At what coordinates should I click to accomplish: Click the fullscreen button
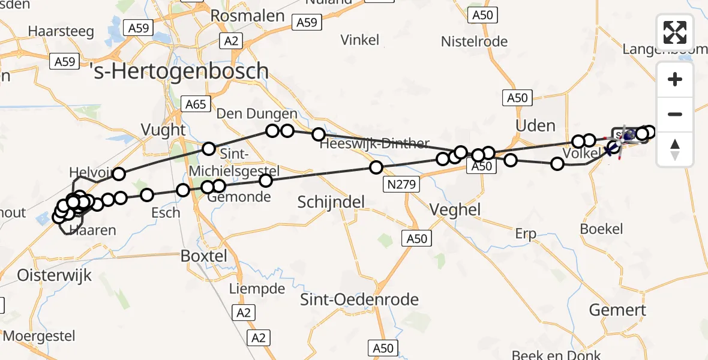pos(675,32)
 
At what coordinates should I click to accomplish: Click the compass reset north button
pos(675,149)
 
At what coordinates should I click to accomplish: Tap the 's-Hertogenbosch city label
pos(179,71)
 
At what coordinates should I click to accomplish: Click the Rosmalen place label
pos(247,16)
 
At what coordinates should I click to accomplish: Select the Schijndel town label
pos(331,202)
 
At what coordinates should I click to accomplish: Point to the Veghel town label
pos(455,209)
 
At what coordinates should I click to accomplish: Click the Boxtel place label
pos(204,256)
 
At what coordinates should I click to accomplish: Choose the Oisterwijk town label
pos(46,275)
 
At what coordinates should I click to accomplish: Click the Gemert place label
pos(617,310)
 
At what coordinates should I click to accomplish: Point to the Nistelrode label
pos(474,41)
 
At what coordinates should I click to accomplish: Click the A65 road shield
pos(196,104)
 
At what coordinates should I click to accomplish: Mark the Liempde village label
pos(257,289)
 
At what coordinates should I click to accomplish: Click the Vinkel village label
pos(360,40)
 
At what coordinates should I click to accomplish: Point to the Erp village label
pos(526,233)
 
